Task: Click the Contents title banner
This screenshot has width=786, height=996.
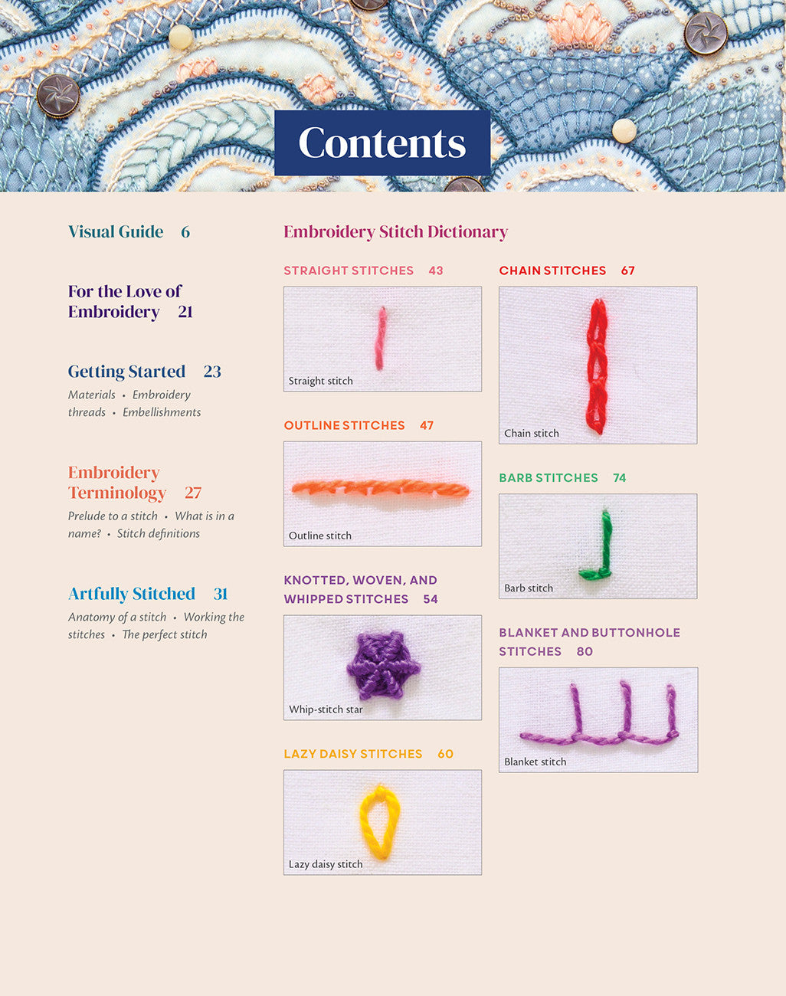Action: coord(382,143)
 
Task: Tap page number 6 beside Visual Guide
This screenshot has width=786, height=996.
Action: coord(185,232)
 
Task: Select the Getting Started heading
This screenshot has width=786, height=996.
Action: coord(126,372)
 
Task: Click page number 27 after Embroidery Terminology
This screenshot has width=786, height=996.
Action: coord(193,493)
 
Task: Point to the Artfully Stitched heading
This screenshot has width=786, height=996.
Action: coord(132,594)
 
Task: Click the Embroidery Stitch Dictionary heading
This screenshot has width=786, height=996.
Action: coord(396,232)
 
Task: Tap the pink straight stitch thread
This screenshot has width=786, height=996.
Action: coord(381,339)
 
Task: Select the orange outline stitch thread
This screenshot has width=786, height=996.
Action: coord(381,489)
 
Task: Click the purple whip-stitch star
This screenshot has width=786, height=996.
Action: coord(383,666)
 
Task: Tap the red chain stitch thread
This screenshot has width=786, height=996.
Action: coord(597,366)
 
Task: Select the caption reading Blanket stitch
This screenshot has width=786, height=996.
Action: coord(535,762)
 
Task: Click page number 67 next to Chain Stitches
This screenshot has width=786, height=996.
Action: coord(627,270)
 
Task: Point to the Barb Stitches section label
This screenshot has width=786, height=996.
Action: coord(549,477)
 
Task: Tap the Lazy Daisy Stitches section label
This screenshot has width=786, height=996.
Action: coord(352,754)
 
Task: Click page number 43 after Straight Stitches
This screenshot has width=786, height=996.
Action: coord(436,270)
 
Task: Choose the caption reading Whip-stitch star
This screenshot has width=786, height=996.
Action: coord(326,709)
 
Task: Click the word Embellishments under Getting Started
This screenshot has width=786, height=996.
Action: coord(162,412)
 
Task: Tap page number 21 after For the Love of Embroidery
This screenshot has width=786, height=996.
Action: coord(185,312)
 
